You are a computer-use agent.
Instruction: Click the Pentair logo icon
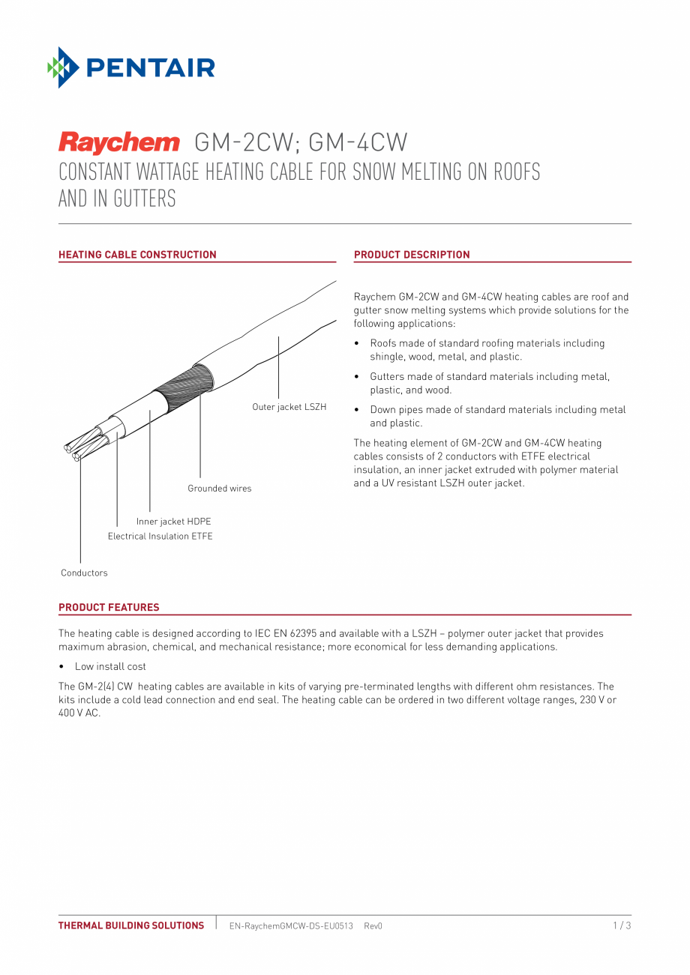[x=64, y=67]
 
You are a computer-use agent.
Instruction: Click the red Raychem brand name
[x=119, y=142]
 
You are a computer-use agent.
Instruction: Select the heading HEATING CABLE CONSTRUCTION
[x=137, y=255]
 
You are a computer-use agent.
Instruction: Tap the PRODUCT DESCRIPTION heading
[x=412, y=255]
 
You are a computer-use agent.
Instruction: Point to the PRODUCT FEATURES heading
[x=109, y=608]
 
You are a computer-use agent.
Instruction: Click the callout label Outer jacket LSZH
[x=289, y=407]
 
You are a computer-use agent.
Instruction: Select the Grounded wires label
[x=219, y=489]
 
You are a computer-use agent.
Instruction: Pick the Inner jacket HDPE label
[x=173, y=522]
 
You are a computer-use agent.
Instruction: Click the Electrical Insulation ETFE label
[x=160, y=537]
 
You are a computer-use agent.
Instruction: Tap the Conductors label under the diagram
[x=84, y=573]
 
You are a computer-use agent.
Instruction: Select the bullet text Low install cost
[x=110, y=666]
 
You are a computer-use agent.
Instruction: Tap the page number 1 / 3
[x=622, y=926]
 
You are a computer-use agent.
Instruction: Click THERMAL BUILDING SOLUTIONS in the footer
[x=131, y=926]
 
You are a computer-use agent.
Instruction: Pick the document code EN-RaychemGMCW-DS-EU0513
[x=291, y=926]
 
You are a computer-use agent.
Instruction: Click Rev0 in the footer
[x=373, y=926]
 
